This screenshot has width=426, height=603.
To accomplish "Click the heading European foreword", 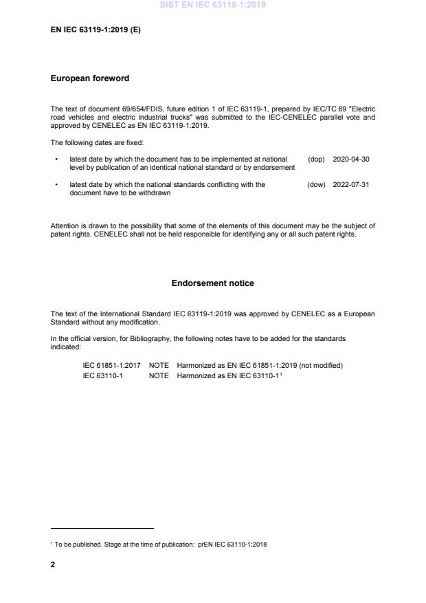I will (x=90, y=78).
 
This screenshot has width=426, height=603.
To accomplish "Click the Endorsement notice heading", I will (x=212, y=283).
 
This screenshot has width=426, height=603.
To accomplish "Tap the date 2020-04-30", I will (x=350, y=159).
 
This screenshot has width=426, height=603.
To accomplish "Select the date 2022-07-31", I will (x=350, y=185).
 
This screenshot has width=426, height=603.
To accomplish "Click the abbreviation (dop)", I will (x=316, y=159).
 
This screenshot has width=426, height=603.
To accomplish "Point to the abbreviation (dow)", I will (x=316, y=185).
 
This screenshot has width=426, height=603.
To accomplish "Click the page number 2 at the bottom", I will (x=53, y=564).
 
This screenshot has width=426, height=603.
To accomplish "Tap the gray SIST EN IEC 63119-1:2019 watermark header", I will (x=213, y=6).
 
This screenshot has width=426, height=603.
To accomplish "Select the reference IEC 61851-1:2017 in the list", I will (x=111, y=366).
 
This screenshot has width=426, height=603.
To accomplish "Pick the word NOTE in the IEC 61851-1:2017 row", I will (x=159, y=366).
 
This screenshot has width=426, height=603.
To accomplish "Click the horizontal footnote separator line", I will (x=102, y=529).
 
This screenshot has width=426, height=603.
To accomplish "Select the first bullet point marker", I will (x=55, y=160).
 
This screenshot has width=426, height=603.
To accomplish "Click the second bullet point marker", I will (x=55, y=186).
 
